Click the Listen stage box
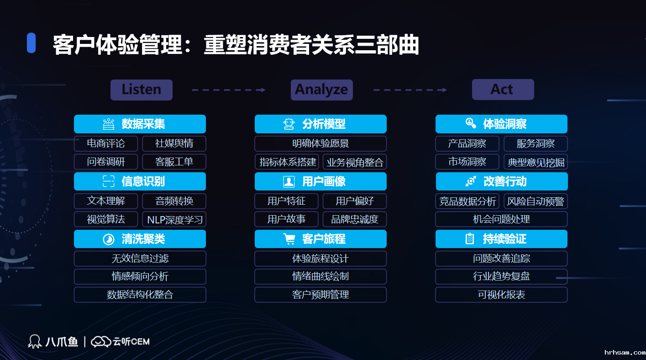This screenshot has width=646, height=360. click(142, 90)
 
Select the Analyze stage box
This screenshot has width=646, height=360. click(321, 90)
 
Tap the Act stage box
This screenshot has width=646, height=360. click(503, 90)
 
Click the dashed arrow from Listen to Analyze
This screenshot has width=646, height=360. click(229, 90)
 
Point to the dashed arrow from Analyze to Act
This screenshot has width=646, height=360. click(410, 90)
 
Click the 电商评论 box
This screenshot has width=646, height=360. click(106, 143)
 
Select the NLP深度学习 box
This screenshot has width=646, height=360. click(174, 219)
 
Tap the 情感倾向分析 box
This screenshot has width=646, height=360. click(140, 276)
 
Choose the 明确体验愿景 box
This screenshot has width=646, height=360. click(320, 143)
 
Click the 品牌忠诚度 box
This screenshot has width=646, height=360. click(354, 219)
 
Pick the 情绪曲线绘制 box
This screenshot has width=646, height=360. click(320, 276)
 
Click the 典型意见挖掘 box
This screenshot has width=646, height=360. click(536, 162)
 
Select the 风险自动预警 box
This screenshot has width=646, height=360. click(536, 201)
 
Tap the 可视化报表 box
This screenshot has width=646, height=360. click(501, 295)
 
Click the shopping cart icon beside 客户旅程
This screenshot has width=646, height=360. click(289, 239)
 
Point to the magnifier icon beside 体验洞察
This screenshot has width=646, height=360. click(471, 123)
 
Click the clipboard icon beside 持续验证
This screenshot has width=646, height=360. click(469, 239)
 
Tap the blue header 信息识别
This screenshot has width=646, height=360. click(140, 181)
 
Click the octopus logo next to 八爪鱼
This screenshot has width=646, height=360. click(35, 341)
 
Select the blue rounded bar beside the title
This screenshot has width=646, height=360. click(31, 43)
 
